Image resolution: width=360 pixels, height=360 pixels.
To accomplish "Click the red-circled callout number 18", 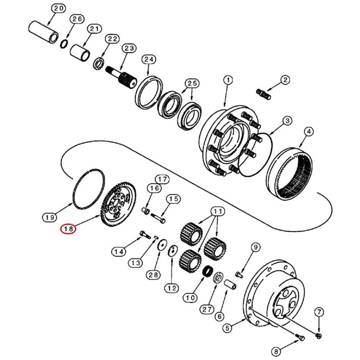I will tap(68, 229).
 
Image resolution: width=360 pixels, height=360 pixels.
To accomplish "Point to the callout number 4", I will tap(308, 132).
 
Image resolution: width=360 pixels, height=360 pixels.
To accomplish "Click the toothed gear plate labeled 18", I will tap(119, 205).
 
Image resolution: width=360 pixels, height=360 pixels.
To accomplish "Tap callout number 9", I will tap(255, 247).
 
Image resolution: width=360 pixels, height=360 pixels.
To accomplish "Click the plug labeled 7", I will tap(318, 336).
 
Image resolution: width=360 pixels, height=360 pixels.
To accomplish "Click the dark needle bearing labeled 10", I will tap(208, 271).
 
